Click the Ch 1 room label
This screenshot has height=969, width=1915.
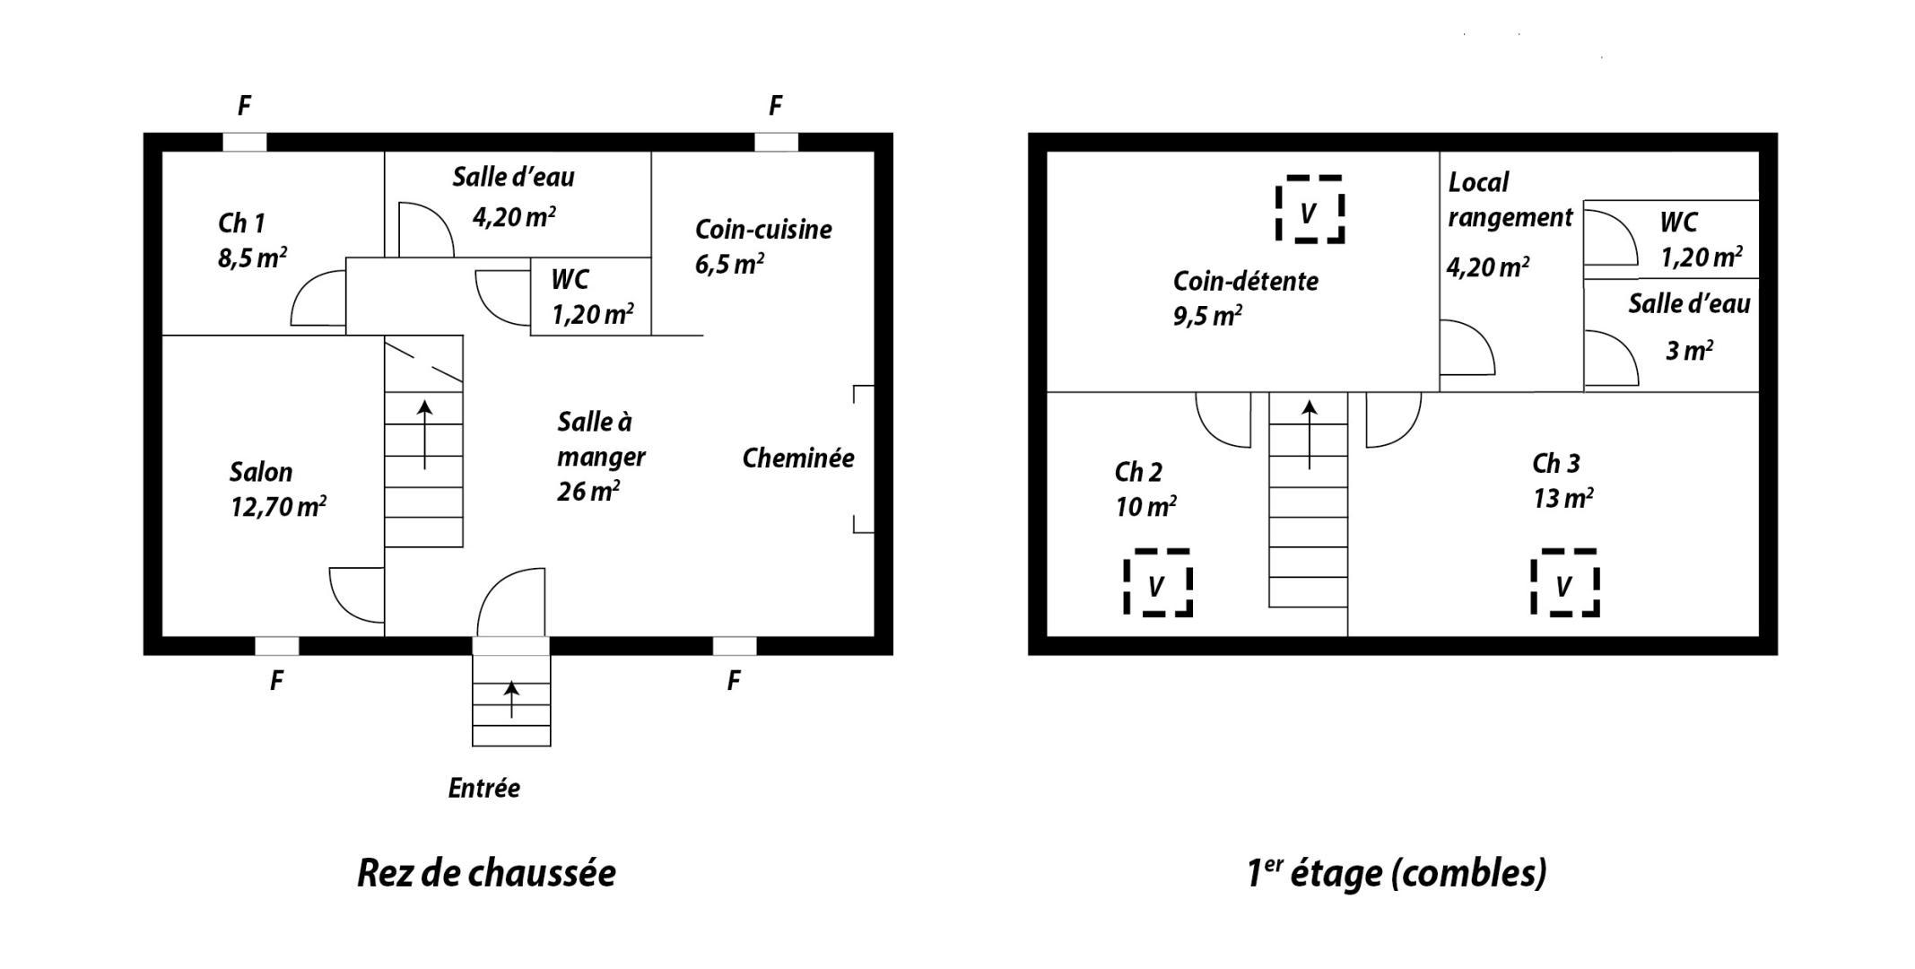click(x=241, y=223)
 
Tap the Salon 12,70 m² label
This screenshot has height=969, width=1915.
click(x=278, y=490)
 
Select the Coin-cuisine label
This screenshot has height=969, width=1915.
click(x=763, y=230)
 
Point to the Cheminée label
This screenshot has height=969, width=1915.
click(x=798, y=458)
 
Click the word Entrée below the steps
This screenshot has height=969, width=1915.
click(x=484, y=789)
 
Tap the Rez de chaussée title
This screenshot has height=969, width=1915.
click(x=486, y=873)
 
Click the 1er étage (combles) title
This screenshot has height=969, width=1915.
click(x=1397, y=873)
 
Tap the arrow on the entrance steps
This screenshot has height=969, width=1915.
click(x=511, y=700)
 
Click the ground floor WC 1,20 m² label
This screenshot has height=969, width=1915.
click(x=593, y=297)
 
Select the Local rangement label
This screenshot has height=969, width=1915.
click(x=1510, y=199)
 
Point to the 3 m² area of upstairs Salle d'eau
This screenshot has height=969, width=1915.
click(x=1689, y=350)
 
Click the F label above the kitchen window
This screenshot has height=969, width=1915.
click(x=776, y=106)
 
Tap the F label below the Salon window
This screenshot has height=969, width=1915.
click(x=277, y=681)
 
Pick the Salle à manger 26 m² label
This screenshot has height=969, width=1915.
click(x=601, y=457)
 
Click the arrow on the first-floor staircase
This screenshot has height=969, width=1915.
click(x=1310, y=435)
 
